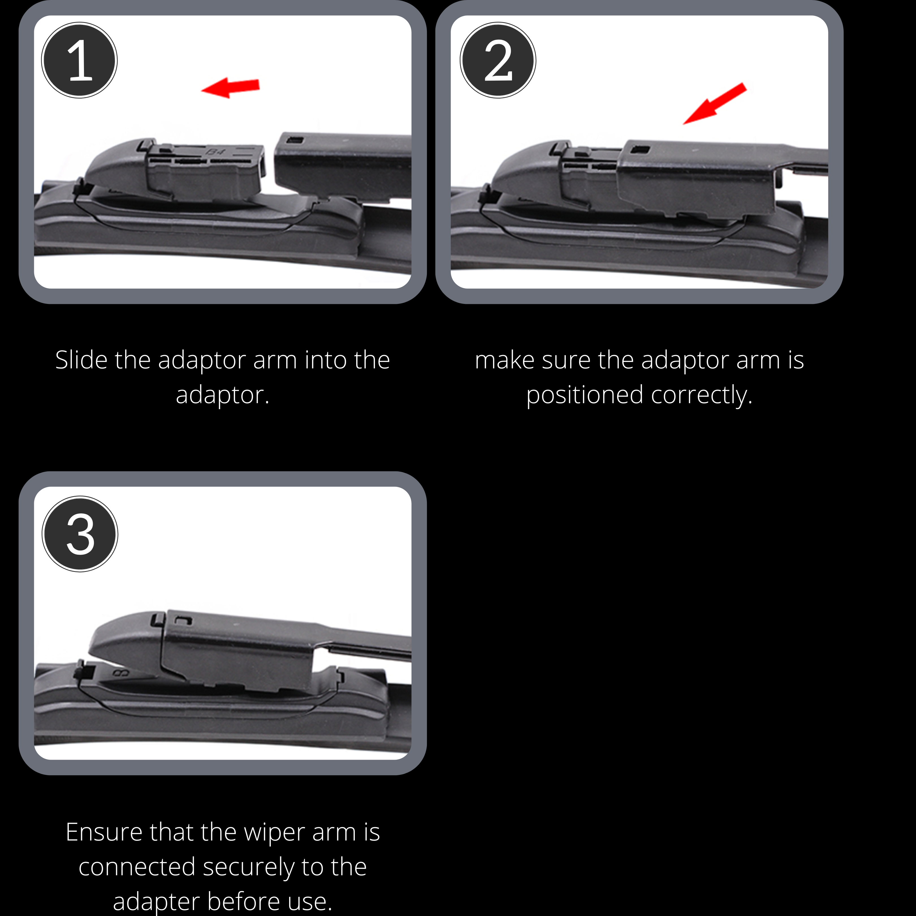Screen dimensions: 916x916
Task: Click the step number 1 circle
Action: tap(79, 60)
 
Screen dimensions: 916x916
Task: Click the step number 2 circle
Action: tap(498, 60)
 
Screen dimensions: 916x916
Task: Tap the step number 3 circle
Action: tap(80, 534)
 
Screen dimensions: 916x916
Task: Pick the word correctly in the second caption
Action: tap(702, 396)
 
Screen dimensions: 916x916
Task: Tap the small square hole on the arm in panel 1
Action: tap(296, 140)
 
